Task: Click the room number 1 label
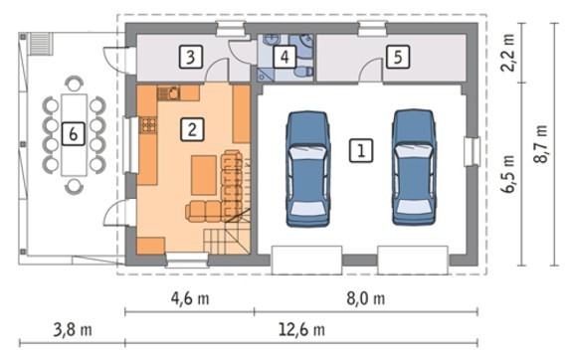click(x=361, y=150)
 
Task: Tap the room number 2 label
click(x=192, y=129)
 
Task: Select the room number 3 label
click(x=190, y=57)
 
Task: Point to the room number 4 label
click(x=285, y=57)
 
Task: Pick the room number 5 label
click(x=398, y=57)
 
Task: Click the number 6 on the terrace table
click(x=73, y=134)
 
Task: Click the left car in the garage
click(x=308, y=168)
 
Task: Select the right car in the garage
click(x=414, y=167)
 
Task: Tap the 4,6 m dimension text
click(x=190, y=299)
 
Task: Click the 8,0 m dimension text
click(x=366, y=299)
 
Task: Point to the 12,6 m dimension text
click(x=301, y=330)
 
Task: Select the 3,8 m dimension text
click(x=73, y=330)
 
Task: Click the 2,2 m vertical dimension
click(x=508, y=53)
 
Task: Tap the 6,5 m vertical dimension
click(x=508, y=174)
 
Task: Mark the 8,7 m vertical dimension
click(x=540, y=144)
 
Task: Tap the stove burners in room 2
click(x=148, y=125)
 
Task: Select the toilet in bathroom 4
click(x=303, y=72)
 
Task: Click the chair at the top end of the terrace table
click(x=75, y=83)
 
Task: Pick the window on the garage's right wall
click(x=473, y=151)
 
